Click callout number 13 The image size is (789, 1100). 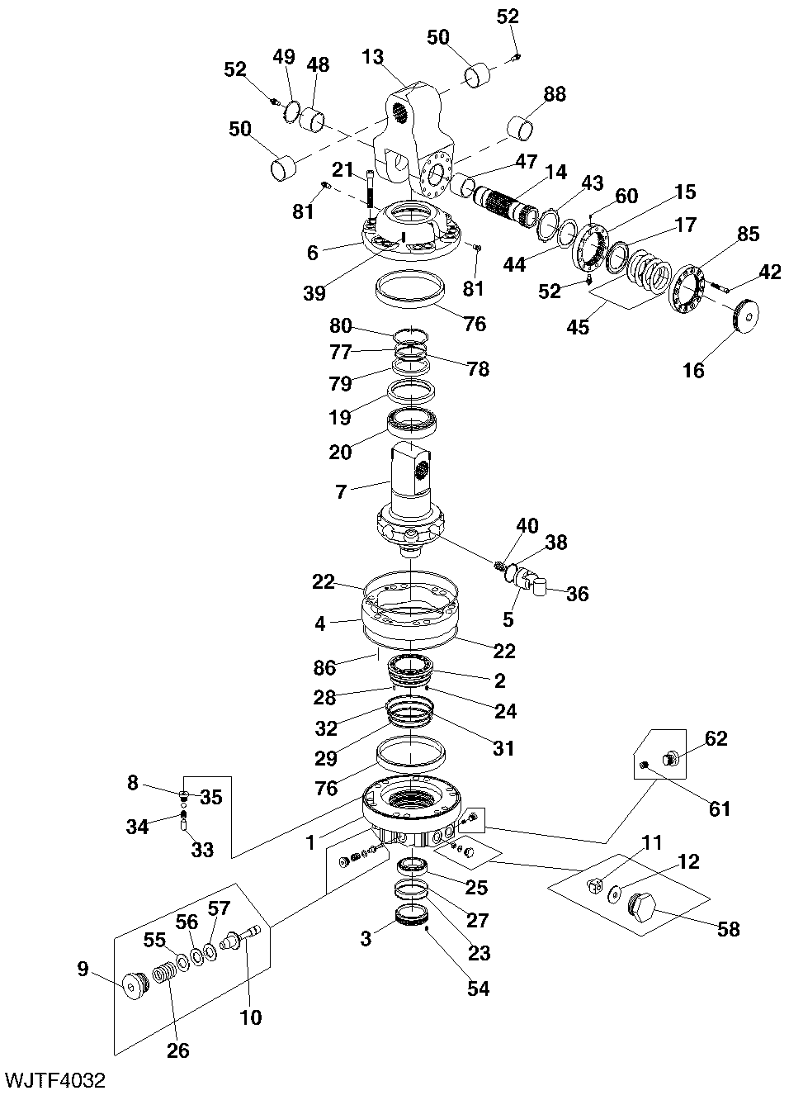(x=372, y=56)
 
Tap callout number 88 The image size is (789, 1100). (x=555, y=94)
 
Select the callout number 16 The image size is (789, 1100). (x=694, y=370)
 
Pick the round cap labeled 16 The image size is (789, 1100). (x=746, y=316)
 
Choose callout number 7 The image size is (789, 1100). (x=341, y=491)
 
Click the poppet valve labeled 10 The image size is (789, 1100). (x=240, y=941)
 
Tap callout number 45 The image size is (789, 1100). (x=578, y=326)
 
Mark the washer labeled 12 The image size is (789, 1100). (x=613, y=894)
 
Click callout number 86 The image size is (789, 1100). (x=325, y=667)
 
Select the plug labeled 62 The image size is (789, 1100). (x=670, y=759)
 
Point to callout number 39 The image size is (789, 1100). (x=314, y=293)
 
